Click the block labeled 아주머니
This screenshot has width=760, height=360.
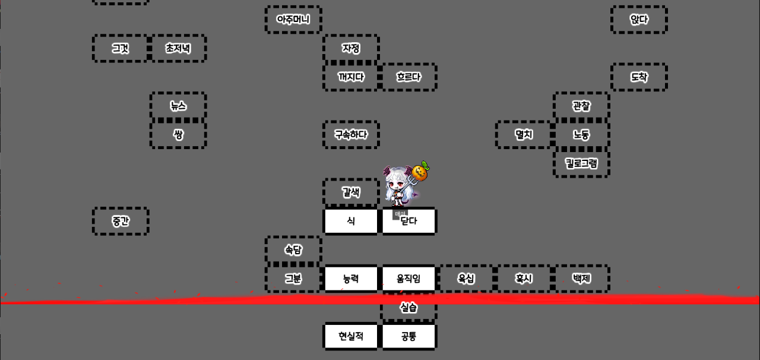pos(293,20)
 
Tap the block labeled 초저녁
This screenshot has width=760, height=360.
pos(178,48)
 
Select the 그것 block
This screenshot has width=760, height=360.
pos(121,48)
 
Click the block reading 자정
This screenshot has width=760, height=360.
pos(351,48)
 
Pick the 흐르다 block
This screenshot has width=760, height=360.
pos(408,77)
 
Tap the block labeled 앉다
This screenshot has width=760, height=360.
pos(639,20)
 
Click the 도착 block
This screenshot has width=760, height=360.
pos(639,77)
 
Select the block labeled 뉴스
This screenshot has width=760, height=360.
pos(178,106)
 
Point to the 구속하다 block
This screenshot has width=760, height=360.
pos(351,134)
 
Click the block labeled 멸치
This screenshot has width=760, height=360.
pos(524,134)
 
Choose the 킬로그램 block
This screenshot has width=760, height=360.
pos(581,163)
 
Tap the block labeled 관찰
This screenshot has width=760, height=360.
pos(581,106)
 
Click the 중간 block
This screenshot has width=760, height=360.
pos(121,221)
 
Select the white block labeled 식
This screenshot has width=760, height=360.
pos(351,221)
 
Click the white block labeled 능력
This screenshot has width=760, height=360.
pos(351,279)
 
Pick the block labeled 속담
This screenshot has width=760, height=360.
pos(293,250)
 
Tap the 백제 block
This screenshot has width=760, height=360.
pos(581,279)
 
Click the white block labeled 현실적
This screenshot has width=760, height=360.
pos(351,336)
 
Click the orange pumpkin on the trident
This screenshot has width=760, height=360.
pos(421,172)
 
